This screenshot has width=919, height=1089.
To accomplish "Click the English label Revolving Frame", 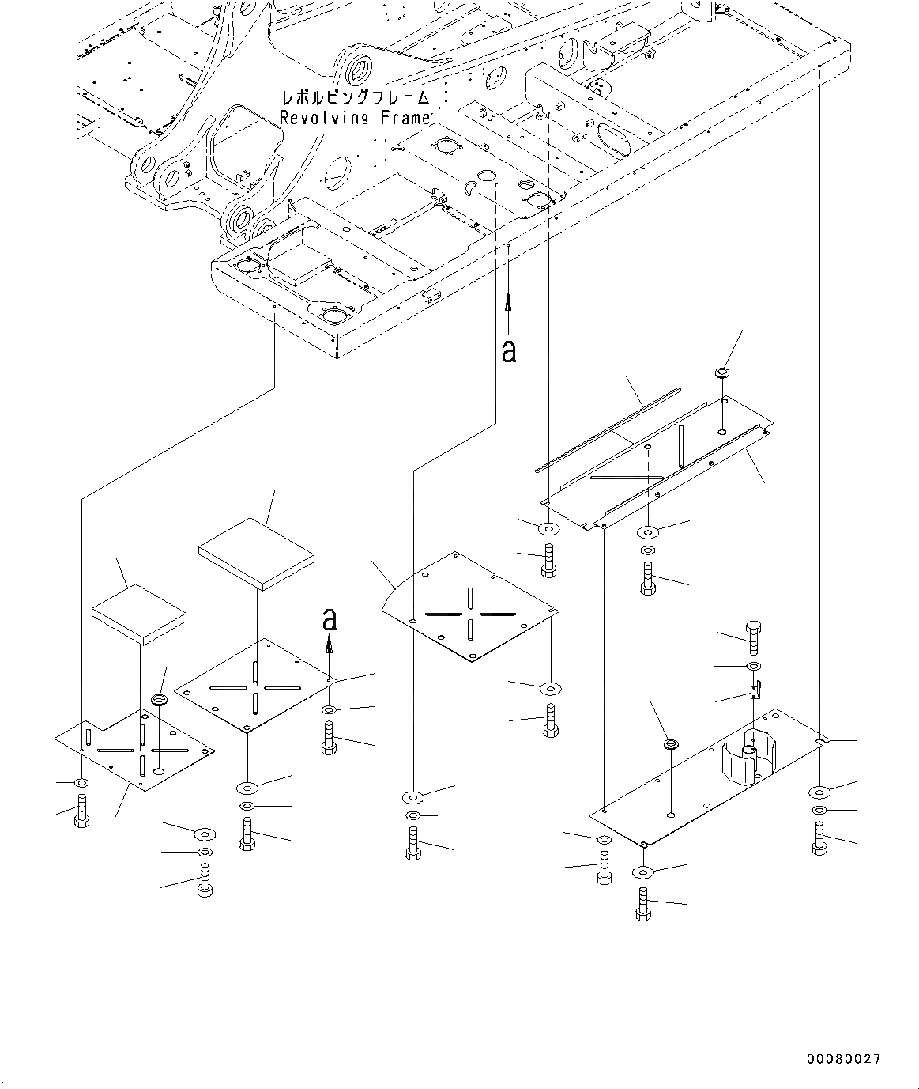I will click(x=355, y=118).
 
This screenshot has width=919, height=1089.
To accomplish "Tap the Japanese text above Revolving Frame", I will click(x=355, y=98).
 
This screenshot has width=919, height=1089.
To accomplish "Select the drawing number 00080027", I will click(x=843, y=1059).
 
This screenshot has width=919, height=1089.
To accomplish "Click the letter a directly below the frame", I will click(x=509, y=350).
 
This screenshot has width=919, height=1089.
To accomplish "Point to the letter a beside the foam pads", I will click(x=330, y=620).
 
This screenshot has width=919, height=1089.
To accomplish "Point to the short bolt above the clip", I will click(x=752, y=633).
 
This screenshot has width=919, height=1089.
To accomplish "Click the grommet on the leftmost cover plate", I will click(x=159, y=701).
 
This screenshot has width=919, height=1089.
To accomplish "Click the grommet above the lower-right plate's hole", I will click(x=671, y=744).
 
